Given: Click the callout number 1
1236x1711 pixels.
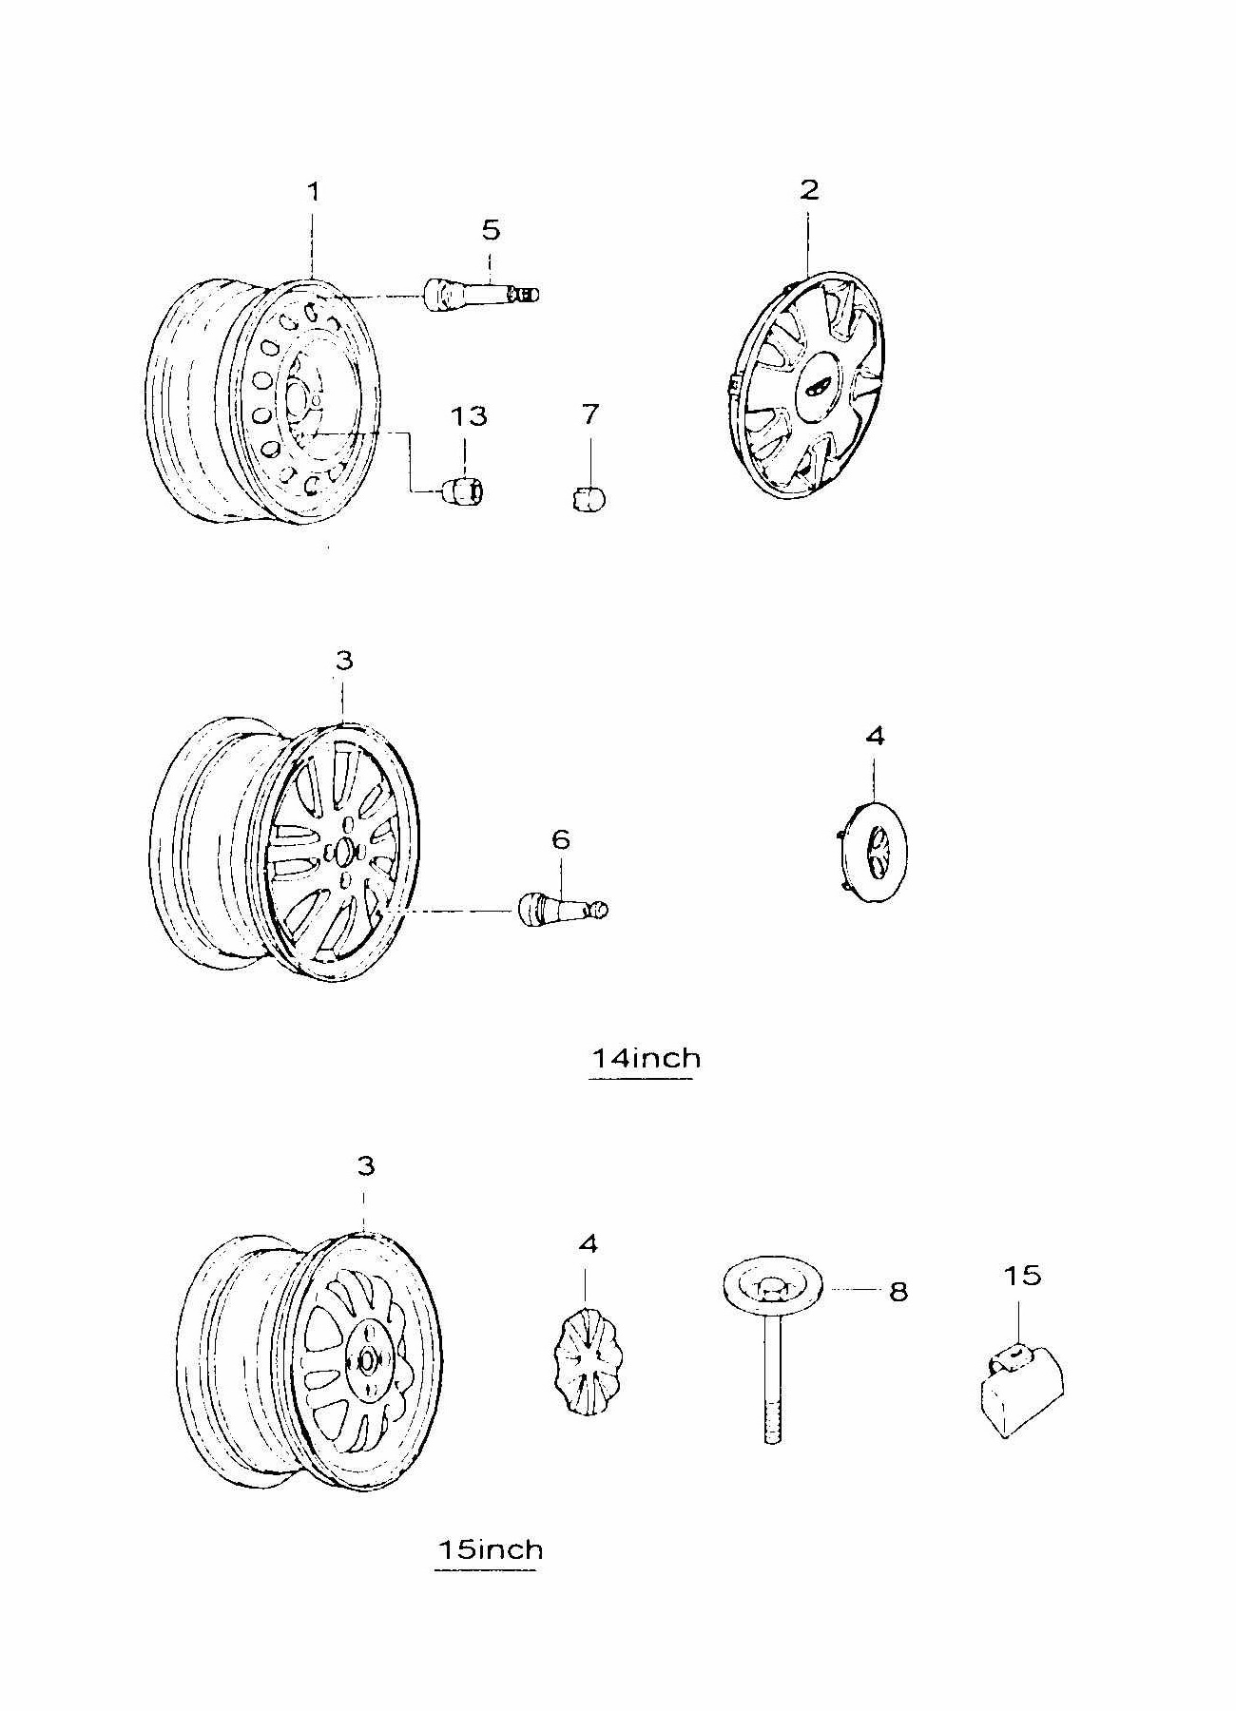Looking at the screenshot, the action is click(313, 192).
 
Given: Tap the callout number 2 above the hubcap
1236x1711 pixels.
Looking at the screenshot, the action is click(809, 189).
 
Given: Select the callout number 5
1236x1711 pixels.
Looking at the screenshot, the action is click(491, 230).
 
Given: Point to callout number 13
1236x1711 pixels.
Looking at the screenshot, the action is click(468, 416).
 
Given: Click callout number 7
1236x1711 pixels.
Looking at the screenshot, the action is click(590, 414).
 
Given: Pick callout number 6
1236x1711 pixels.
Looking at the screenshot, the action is click(560, 839).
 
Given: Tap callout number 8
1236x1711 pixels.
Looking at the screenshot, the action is click(898, 1291).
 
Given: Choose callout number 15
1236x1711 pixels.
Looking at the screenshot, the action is click(1023, 1275).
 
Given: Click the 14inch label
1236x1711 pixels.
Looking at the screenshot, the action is click(647, 1058).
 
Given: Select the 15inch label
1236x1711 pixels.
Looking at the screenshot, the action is click(490, 1549).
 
